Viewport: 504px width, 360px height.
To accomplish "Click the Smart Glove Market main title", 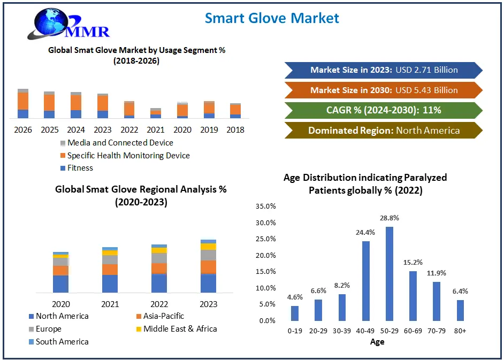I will (x=272, y=18).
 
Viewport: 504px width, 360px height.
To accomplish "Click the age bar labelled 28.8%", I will (x=390, y=273).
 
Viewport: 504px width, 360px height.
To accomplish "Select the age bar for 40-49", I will (x=366, y=280).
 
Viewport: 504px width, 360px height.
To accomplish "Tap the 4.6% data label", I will (x=294, y=296).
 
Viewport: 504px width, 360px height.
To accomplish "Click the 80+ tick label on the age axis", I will (x=460, y=331).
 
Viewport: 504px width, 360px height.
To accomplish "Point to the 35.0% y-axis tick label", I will (x=266, y=206).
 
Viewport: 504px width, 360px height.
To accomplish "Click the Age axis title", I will (x=377, y=342).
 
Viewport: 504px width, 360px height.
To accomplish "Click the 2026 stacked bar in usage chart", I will (x=23, y=104).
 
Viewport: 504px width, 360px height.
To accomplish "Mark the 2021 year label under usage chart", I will (x=156, y=129).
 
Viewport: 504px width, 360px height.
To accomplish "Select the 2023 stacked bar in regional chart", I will (x=209, y=266).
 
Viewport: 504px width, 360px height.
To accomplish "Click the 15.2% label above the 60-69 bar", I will (x=413, y=262).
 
